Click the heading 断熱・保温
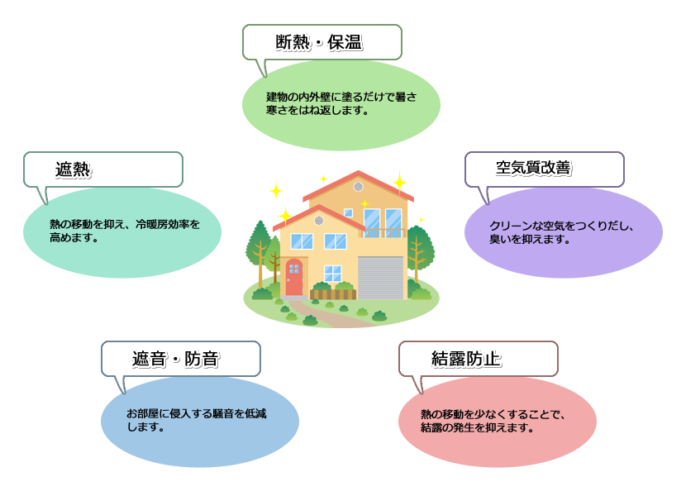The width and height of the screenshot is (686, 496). coord(318,42)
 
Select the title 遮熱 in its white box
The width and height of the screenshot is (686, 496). coord(72,169)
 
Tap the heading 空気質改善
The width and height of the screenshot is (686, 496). coord(533,169)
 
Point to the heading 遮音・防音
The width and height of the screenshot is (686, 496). coord(175,359)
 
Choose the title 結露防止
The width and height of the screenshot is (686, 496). coord(466,359)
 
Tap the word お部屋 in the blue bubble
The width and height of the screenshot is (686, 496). coord(141,413)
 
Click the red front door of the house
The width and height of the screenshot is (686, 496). coord(294,277)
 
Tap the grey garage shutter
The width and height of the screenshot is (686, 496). coord(380,276)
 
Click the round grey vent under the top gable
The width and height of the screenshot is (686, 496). coord(359,188)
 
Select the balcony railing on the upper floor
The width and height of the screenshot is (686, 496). coord(382,232)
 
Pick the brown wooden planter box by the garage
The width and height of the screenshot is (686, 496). coord(333,293)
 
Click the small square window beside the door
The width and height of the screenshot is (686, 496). coord(332,273)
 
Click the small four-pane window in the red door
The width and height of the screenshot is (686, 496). coord(293,268)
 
